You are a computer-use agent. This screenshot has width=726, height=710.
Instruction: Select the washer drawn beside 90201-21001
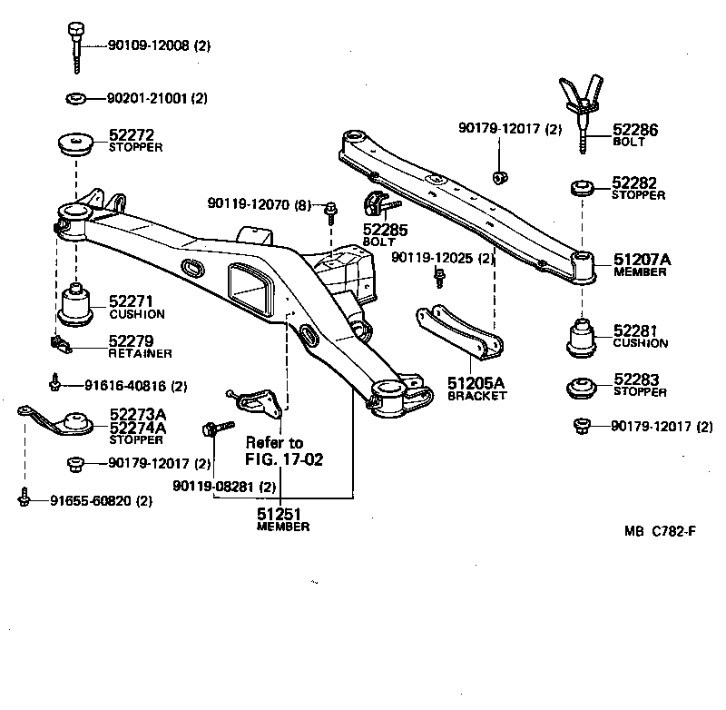(x=75, y=97)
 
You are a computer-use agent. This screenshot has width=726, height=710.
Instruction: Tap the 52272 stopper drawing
(x=75, y=143)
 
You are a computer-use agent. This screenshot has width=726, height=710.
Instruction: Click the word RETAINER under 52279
(x=140, y=353)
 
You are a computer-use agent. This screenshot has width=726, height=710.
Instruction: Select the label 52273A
(x=137, y=414)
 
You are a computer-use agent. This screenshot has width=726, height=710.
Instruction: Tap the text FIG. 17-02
(x=284, y=459)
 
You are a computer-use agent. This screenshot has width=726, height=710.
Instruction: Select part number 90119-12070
(x=257, y=205)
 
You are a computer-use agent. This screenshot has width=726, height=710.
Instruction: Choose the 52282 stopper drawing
(x=582, y=189)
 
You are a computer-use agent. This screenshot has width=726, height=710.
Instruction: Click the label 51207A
(x=643, y=260)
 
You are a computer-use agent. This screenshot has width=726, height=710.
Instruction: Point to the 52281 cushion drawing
(x=581, y=338)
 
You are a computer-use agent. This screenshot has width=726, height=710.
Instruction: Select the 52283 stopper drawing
(x=581, y=388)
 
